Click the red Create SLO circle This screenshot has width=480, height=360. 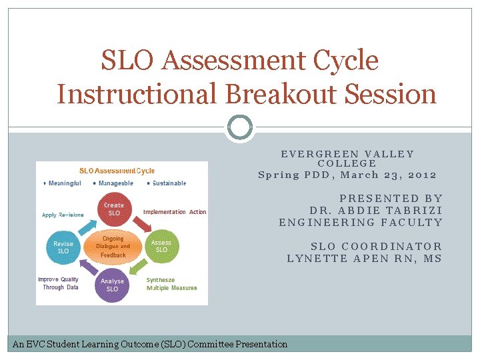click(x=114, y=209)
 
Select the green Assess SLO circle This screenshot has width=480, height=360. click(x=161, y=246)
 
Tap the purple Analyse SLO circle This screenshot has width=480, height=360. click(x=112, y=285)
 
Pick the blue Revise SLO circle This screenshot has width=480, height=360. click(x=63, y=247)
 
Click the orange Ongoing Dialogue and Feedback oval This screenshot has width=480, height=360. click(x=113, y=247)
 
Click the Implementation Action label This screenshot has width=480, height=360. click(x=175, y=212)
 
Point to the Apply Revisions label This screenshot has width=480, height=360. click(x=63, y=215)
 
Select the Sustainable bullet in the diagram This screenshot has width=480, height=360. click(x=168, y=183)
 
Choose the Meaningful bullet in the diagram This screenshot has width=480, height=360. click(x=64, y=183)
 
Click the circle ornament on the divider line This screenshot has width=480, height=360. click(x=240, y=127)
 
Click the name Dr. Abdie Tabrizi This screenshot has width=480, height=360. click(x=376, y=210)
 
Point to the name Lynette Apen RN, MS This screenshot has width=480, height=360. click(x=364, y=259)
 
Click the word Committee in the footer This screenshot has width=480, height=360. click(x=211, y=344)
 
